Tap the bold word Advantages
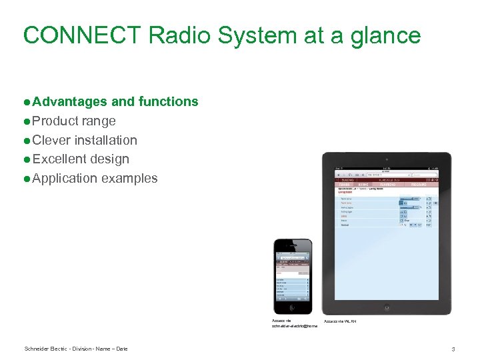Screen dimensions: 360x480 tap(69, 102)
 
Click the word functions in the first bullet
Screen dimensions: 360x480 tap(168, 102)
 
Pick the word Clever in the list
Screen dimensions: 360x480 tap(51, 141)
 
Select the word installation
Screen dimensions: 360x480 tap(105, 141)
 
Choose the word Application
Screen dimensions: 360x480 tap(65, 179)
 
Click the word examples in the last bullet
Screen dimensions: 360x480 tap(129, 179)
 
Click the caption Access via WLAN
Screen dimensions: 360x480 tap(340, 322)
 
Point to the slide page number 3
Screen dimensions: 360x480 tap(453, 349)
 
